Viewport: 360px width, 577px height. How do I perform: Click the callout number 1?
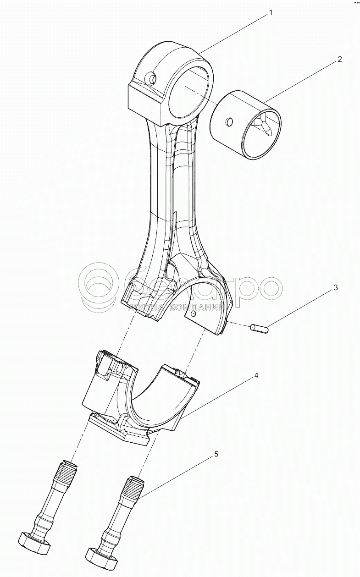[x=271, y=13]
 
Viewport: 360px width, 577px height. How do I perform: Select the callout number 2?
[x=339, y=59]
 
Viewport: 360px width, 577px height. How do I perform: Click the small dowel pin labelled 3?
[x=260, y=329]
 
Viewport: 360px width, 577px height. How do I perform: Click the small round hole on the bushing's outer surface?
[x=230, y=122]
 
